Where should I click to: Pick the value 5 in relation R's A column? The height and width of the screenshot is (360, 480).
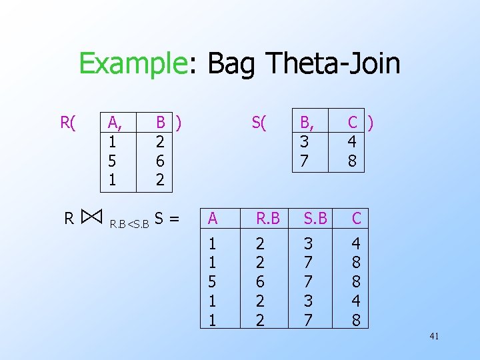(x=113, y=161)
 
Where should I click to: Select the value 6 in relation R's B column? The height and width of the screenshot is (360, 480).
(x=160, y=161)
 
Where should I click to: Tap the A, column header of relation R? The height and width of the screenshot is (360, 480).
(x=115, y=122)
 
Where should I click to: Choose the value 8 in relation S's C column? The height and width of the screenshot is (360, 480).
(x=352, y=161)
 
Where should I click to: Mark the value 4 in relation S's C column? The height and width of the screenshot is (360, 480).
(x=352, y=141)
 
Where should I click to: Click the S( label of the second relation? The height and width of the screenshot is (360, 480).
(x=258, y=122)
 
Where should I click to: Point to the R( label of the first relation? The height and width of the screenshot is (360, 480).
(x=68, y=122)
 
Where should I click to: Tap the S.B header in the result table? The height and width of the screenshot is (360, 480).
(x=315, y=218)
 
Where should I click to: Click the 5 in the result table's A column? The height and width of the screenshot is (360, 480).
(x=212, y=281)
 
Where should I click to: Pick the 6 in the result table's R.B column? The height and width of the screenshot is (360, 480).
(x=260, y=281)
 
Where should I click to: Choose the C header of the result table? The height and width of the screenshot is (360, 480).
(x=357, y=218)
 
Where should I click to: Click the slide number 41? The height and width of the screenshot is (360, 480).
(x=433, y=337)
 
